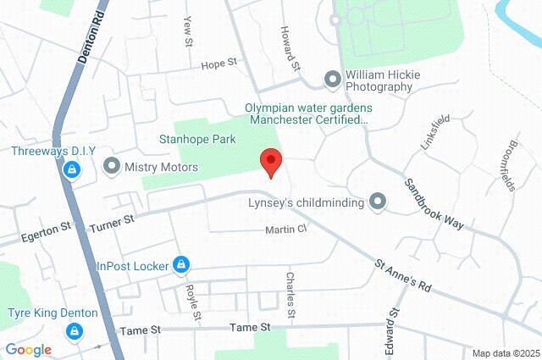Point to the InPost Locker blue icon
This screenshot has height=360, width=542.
[180, 266]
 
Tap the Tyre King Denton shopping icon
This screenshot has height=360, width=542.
[76, 331]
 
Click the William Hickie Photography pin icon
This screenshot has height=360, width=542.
[333, 80]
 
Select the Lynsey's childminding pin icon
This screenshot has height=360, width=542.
[378, 202]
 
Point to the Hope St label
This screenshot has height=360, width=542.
[217, 65]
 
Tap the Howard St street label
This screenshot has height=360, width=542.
[290, 48]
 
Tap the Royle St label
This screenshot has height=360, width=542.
[192, 302]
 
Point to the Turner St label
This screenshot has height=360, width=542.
[112, 220]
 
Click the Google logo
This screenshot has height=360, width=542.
[28, 349]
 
